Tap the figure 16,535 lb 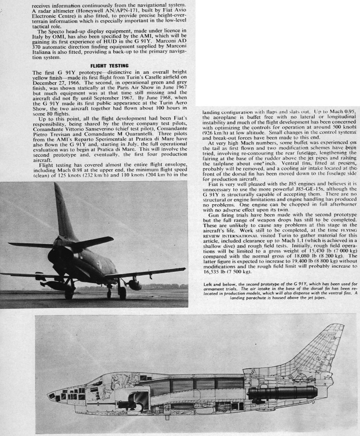(x=215, y=271)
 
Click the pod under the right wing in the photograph (x=134, y=284)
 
